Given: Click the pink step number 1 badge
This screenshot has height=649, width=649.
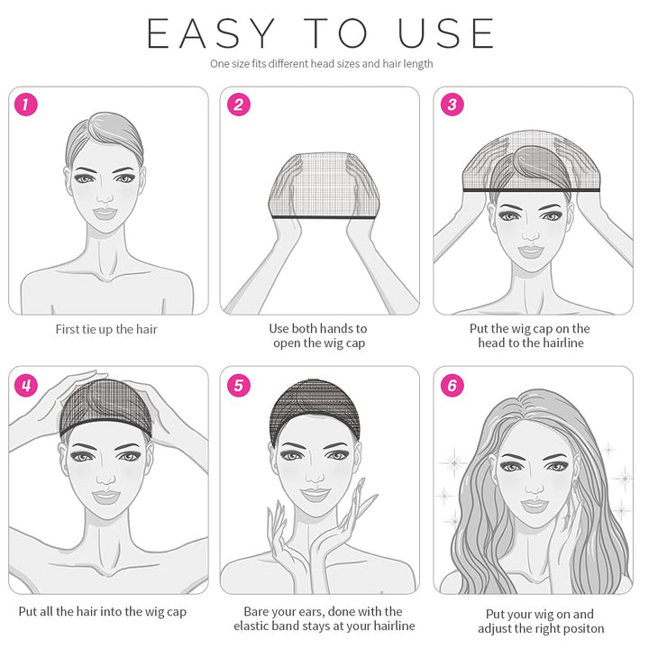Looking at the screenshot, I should click(x=27, y=105).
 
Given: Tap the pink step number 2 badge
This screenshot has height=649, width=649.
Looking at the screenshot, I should click(x=239, y=105).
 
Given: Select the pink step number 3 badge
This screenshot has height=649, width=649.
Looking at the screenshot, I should click(x=452, y=105).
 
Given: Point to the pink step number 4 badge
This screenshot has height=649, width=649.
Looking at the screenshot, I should click(x=27, y=386).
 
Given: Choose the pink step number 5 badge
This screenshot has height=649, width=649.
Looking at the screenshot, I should click(x=239, y=386).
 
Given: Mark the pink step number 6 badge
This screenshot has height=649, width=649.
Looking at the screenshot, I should click(x=452, y=386).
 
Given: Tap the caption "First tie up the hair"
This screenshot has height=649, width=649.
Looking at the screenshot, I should click(x=105, y=329).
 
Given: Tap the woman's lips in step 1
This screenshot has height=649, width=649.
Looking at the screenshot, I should click(x=105, y=214).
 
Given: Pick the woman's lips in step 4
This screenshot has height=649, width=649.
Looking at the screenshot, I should click(x=105, y=496).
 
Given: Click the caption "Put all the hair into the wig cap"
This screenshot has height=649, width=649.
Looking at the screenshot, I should click(x=103, y=612).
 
